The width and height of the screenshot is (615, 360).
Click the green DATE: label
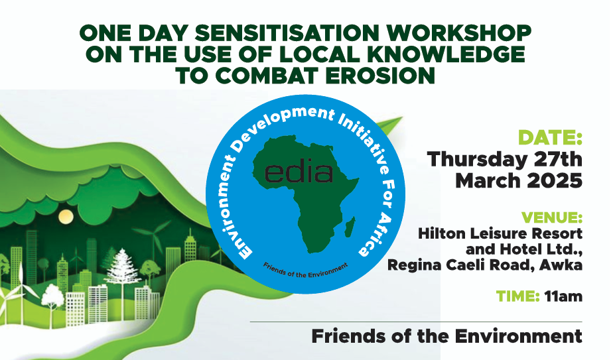(x=550, y=137)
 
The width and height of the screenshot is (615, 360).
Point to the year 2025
(x=555, y=181)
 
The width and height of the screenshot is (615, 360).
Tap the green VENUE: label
(x=551, y=217)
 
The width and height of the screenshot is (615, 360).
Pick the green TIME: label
(x=517, y=296)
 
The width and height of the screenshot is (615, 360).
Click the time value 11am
(x=563, y=296)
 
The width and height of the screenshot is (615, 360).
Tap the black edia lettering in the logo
(x=299, y=173)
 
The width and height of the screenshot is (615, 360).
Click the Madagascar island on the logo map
(x=350, y=227)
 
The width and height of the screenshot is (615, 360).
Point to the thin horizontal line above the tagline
(x=416, y=322)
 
